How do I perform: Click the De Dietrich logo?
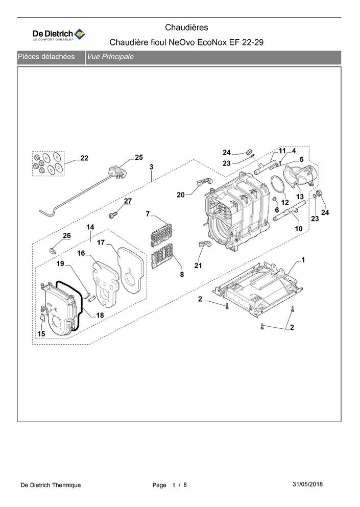(59, 34)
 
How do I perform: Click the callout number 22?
(84, 158)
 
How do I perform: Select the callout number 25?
(139, 157)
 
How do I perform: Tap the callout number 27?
(127, 201)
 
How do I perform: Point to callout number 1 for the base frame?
(303, 260)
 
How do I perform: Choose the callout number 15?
(41, 333)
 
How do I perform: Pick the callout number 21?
(198, 265)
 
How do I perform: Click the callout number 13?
(300, 197)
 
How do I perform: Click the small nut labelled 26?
(53, 250)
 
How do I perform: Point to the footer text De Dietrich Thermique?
(51, 485)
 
